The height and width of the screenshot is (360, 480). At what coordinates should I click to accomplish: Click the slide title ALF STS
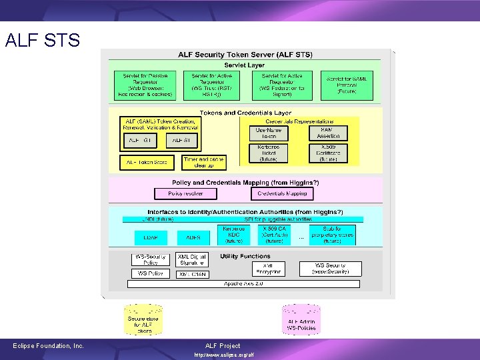pos(42,41)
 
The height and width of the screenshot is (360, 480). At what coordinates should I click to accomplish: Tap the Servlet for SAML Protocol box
pos(347,85)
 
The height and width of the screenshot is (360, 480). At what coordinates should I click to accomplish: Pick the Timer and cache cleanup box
pos(204,162)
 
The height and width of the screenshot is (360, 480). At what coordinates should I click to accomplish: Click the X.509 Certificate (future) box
pos(329,153)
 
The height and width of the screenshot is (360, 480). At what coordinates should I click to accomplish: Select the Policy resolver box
pos(185,193)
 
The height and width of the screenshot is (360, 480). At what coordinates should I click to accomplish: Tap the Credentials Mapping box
pos(283,193)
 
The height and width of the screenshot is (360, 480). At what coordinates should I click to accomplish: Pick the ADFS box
pos(193,237)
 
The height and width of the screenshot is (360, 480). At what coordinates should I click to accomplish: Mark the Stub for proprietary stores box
pos(332,235)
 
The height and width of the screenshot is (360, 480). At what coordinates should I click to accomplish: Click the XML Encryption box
pos(268,268)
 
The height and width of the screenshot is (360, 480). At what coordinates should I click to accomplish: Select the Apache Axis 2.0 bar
pos(243,283)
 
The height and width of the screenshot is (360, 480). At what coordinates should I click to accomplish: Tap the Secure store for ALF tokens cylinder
pos(143,321)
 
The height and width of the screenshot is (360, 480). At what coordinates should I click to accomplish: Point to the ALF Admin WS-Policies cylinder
pos(301,321)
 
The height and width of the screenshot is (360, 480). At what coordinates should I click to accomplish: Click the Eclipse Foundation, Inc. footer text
pos(49,345)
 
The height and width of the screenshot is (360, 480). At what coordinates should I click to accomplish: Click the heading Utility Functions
pos(245,256)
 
